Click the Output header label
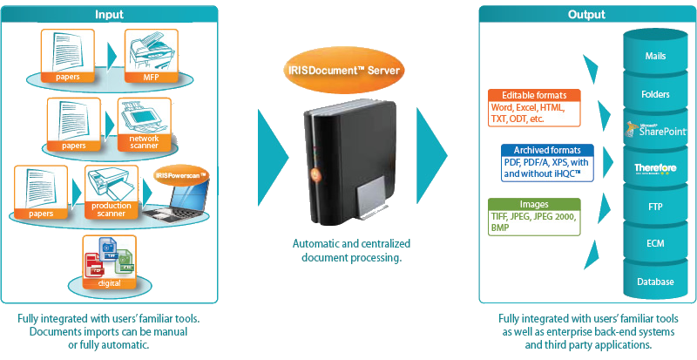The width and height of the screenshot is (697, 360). [586, 14]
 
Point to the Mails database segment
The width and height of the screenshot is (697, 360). [655, 55]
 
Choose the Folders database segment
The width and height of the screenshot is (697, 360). [655, 92]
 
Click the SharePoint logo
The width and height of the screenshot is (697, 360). [655, 130]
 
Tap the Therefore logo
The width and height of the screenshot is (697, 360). [655, 168]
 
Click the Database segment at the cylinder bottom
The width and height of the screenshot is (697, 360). [655, 282]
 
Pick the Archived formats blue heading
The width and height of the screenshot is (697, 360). [536, 150]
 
